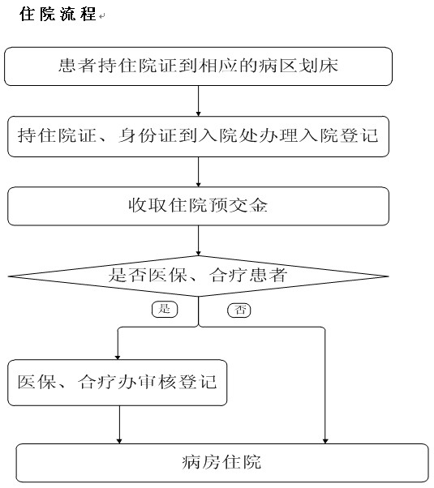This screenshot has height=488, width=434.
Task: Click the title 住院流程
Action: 58,14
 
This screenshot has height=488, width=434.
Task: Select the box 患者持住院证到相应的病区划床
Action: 198,66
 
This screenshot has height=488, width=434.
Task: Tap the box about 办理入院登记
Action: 198,136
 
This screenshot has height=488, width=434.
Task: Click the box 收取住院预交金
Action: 198,206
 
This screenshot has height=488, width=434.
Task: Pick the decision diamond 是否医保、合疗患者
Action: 198,276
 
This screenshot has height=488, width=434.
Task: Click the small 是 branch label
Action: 165,310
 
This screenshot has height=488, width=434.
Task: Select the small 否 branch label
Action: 239,310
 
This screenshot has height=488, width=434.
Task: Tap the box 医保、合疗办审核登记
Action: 117,383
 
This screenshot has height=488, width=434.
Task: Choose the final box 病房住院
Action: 222,463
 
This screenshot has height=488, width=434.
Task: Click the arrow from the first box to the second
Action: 198,101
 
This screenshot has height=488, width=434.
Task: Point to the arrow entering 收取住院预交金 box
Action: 198,172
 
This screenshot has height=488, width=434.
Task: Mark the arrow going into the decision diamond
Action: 198,241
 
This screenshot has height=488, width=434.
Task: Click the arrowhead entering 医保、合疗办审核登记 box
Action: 118,357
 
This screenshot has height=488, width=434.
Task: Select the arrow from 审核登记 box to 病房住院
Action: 119,425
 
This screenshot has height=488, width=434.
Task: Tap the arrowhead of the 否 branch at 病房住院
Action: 325,441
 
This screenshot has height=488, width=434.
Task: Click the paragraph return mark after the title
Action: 102,16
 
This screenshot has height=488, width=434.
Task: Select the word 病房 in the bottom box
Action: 202,462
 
